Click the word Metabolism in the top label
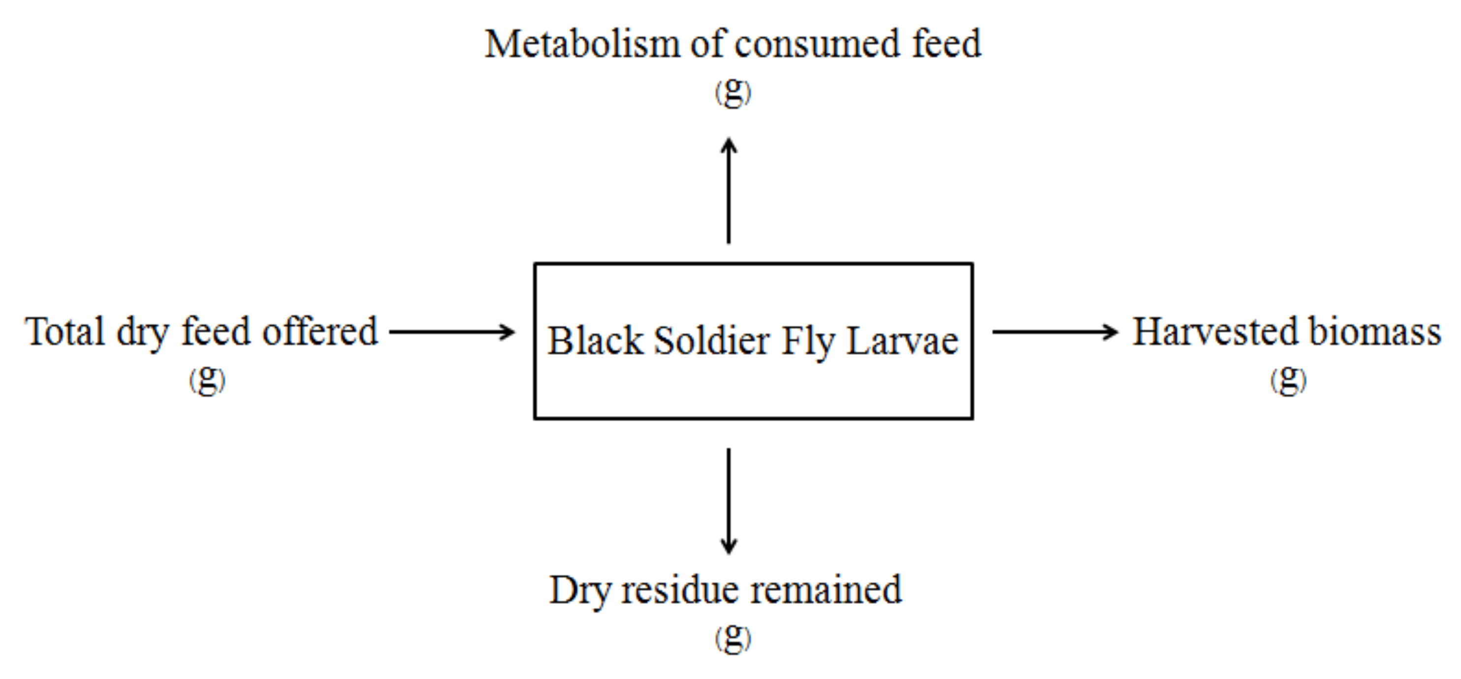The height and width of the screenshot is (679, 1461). tap(581, 44)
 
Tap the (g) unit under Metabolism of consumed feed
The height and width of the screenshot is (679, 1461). tap(733, 92)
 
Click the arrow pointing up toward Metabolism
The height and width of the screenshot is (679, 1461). tap(729, 190)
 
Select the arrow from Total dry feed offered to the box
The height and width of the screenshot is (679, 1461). tap(452, 332)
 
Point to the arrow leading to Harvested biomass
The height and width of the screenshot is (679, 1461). tap(1055, 332)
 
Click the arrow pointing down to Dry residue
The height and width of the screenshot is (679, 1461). tap(729, 500)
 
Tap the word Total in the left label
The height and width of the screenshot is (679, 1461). tap(64, 332)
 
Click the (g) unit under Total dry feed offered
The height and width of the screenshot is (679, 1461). tap(207, 379)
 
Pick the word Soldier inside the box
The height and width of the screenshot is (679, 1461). tap(712, 341)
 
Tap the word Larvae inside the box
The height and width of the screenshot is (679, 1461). tap(902, 341)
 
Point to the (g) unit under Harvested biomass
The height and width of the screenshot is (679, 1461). tap(1289, 379)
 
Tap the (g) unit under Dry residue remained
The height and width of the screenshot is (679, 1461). tap(733, 638)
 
